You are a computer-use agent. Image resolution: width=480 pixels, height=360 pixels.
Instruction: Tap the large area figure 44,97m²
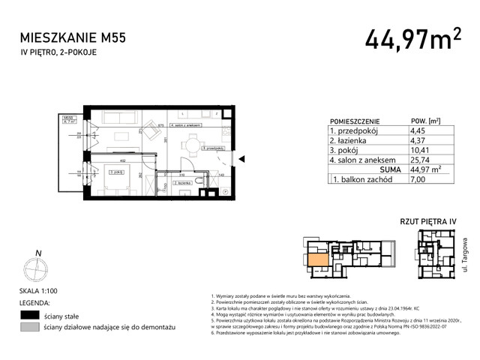(x=412, y=38)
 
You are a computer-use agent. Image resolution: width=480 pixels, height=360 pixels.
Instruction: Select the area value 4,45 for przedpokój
(x=410, y=130)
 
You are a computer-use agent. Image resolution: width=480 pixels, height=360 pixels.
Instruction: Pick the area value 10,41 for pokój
(x=412, y=150)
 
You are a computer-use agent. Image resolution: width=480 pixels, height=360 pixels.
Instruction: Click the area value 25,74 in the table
(x=412, y=160)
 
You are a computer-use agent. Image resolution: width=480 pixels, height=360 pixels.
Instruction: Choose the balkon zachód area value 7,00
(x=410, y=180)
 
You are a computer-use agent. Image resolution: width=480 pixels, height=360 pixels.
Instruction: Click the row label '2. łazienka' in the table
(x=352, y=140)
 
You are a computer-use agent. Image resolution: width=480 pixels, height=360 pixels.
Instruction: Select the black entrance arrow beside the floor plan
(x=241, y=158)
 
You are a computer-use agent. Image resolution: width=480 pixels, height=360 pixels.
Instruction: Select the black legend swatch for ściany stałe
(x=31, y=316)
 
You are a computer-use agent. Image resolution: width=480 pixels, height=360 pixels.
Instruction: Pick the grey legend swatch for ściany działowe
(x=31, y=328)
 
